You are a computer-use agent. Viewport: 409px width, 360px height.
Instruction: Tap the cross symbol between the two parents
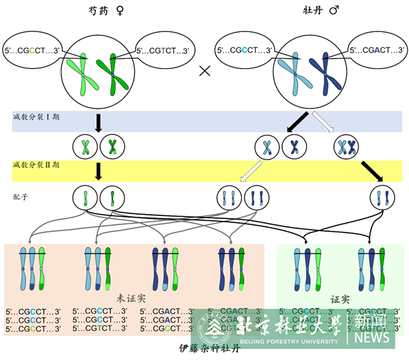203,71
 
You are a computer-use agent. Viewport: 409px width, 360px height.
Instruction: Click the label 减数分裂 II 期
37,165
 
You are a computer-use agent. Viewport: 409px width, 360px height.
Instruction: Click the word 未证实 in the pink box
131,298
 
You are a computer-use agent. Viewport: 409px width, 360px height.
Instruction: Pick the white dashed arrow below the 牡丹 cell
324,123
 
